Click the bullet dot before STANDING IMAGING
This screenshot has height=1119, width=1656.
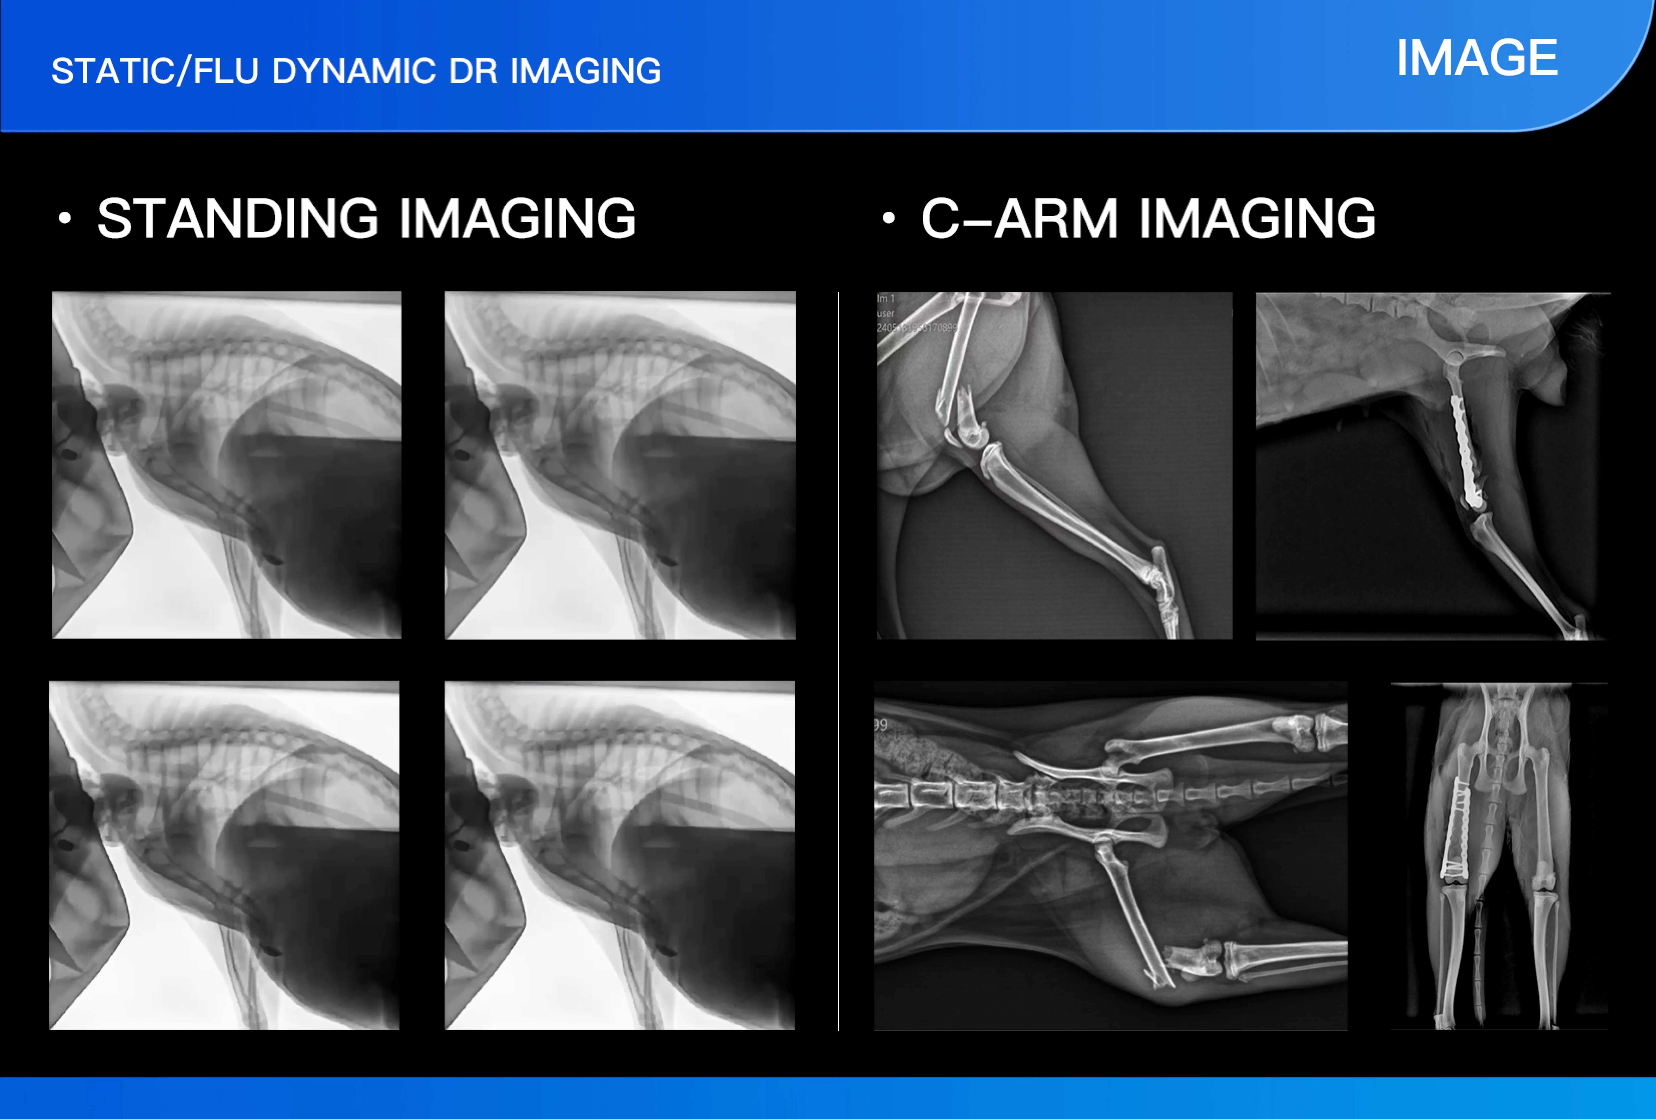(65, 218)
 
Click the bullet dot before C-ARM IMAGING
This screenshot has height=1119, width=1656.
(889, 218)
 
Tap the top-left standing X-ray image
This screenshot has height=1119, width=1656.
(227, 464)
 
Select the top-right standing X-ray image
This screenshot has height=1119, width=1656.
(620, 464)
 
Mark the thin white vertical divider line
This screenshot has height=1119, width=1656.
(839, 661)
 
